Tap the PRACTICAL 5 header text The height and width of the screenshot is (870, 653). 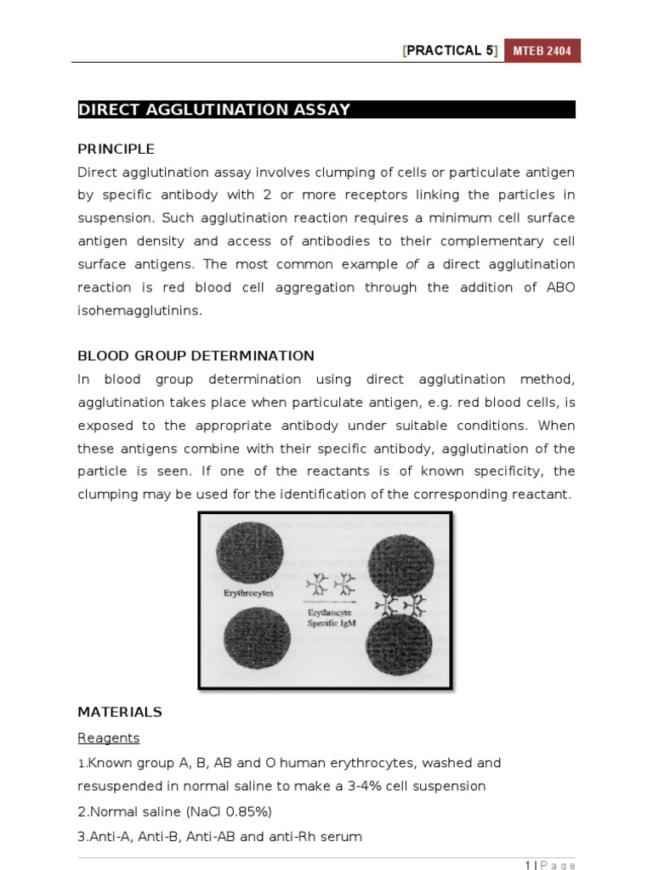451,51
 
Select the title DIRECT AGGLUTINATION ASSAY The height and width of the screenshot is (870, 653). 214,110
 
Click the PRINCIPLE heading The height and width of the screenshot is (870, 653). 116,150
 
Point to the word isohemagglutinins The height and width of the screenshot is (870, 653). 140,310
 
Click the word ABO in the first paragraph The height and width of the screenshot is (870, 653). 561,287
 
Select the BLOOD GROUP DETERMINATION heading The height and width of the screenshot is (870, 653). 196,356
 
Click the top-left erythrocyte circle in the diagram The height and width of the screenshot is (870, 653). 249,552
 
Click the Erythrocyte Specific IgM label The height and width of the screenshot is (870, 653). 332,618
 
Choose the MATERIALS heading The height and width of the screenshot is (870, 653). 120,712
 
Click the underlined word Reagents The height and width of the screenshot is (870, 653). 109,737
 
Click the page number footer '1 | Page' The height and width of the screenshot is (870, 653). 550,864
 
